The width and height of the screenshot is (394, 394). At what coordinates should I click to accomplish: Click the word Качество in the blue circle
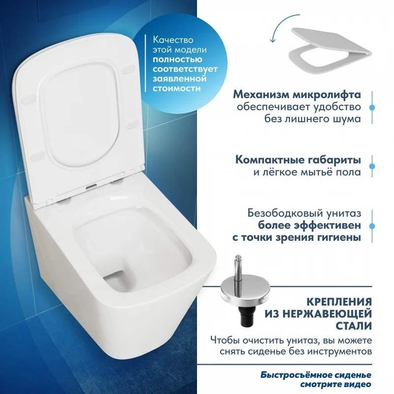click(173, 40)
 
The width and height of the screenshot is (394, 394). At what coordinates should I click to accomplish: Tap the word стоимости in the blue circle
click(177, 89)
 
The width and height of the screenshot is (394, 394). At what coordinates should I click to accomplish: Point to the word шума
click(348, 119)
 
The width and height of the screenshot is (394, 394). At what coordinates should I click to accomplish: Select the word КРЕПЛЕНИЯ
click(339, 301)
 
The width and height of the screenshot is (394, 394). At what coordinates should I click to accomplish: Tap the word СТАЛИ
click(354, 326)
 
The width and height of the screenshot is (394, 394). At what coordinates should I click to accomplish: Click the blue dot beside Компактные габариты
click(372, 166)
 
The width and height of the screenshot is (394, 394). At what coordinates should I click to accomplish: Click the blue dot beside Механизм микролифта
click(372, 107)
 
